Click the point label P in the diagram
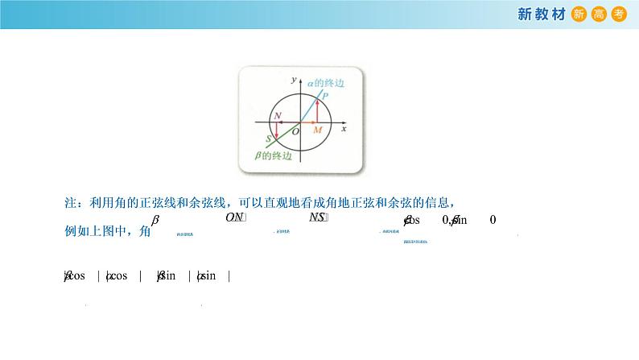(x=324, y=95)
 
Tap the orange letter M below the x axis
(x=317, y=130)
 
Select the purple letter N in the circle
(x=278, y=116)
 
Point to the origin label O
(x=295, y=130)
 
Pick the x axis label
(x=344, y=129)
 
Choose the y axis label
(x=292, y=81)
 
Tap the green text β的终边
(x=262, y=155)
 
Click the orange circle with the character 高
(x=598, y=14)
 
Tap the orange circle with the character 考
(x=618, y=14)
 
